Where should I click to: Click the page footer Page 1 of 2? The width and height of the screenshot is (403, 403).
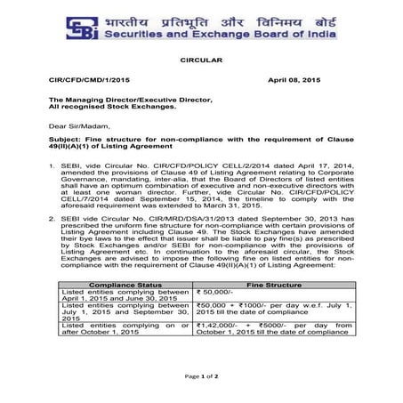(x=201, y=377)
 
